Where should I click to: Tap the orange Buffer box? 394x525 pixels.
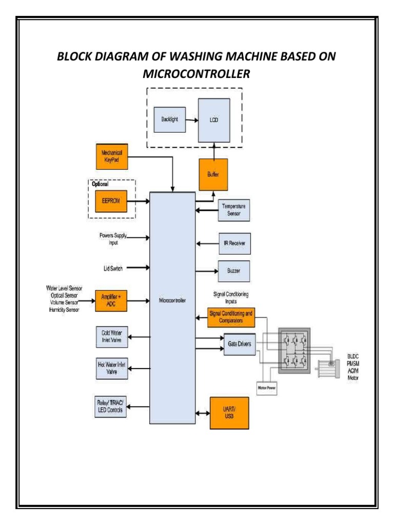click(213, 174)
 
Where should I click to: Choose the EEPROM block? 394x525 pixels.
click(111, 202)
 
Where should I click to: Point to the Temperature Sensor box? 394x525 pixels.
click(234, 210)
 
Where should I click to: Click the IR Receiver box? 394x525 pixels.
click(234, 243)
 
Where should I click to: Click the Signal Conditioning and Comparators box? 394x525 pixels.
click(231, 318)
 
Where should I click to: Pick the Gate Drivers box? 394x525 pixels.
click(238, 344)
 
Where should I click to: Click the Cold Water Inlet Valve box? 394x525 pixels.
click(111, 336)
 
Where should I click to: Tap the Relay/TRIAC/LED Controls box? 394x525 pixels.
click(111, 407)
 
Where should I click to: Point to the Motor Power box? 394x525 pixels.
click(266, 388)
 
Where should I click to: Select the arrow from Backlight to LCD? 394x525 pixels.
click(192, 122)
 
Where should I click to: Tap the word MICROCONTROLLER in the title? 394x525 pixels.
click(197, 74)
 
